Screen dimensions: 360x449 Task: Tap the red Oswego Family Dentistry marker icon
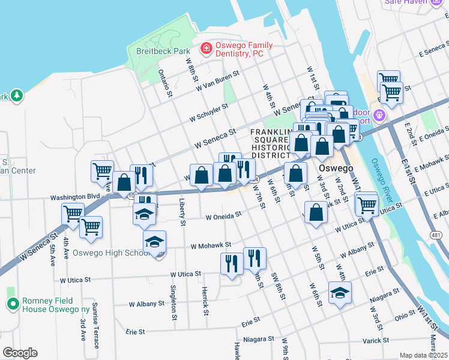(206, 47)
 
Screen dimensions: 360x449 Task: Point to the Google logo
(20, 353)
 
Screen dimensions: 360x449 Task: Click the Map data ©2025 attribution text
(423, 355)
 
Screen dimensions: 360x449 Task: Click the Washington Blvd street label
(74, 197)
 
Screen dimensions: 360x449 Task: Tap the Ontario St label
(163, 83)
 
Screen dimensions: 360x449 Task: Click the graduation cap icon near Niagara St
(340, 293)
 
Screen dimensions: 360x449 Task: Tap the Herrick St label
(205, 300)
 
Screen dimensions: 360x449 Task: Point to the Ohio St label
(404, 314)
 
